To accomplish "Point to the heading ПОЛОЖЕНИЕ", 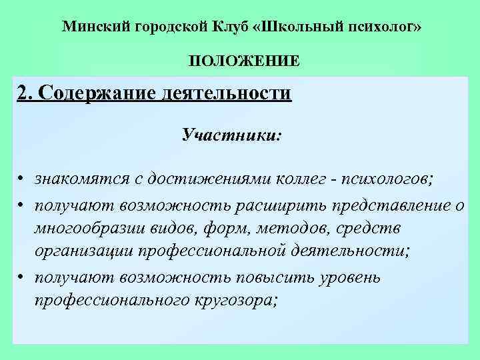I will (x=244, y=62).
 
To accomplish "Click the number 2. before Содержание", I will (x=25, y=93).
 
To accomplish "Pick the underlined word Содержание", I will (x=97, y=93).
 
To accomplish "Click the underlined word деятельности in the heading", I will (x=227, y=93).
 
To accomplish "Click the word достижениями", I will (x=207, y=179).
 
